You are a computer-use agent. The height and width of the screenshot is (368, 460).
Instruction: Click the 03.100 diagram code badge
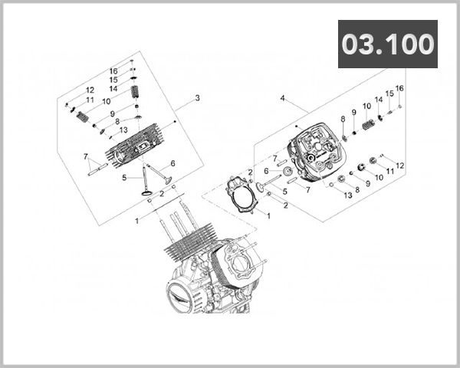pyautogui.click(x=388, y=44)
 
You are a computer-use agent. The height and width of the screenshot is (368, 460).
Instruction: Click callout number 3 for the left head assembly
pyautogui.click(x=197, y=98)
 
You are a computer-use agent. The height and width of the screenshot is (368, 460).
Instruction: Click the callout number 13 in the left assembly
pyautogui.click(x=123, y=130)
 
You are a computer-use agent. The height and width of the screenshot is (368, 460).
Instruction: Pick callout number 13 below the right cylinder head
pyautogui.click(x=348, y=195)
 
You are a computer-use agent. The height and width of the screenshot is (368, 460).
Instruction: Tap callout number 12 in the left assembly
pyautogui.click(x=90, y=90)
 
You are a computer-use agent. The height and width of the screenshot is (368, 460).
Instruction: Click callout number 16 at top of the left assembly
pyautogui.click(x=113, y=71)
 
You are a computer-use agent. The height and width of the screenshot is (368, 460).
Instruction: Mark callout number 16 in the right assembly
pyautogui.click(x=399, y=88)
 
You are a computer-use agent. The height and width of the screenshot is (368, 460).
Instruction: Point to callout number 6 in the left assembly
pyautogui.click(x=173, y=163)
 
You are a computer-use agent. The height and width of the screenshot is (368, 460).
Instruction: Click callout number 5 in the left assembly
pyautogui.click(x=123, y=178)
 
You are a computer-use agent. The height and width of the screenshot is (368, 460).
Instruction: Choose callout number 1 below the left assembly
pyautogui.click(x=137, y=220)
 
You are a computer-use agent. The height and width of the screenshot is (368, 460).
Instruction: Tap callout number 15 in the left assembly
pyautogui.click(x=113, y=80)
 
